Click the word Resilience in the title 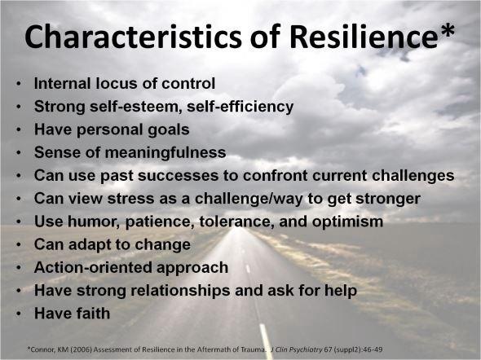tap(364, 36)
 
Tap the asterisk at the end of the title tap(446, 30)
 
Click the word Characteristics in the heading tap(133, 36)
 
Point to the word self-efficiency tap(240, 107)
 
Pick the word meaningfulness tap(165, 152)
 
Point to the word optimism tap(347, 222)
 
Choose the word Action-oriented tap(93, 267)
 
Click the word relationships tap(180, 291)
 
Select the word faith tap(93, 314)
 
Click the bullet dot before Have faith tap(19, 314)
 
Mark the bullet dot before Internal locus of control tap(19, 84)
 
